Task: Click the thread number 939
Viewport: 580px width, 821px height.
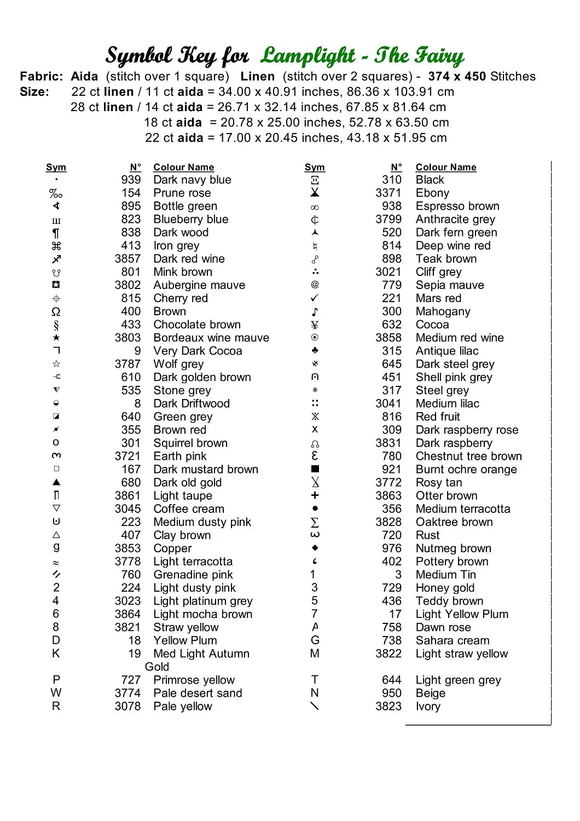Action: pos(131,180)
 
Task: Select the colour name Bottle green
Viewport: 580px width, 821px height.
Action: pos(185,206)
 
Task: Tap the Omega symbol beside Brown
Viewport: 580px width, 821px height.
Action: pos(56,312)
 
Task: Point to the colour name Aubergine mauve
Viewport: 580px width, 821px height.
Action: pos(199,285)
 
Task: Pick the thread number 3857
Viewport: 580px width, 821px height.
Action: pos(127,259)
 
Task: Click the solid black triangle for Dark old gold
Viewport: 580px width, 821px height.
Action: pos(56,482)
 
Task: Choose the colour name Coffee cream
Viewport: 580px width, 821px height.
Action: pos(189,509)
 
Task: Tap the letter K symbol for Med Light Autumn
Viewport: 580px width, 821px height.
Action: pos(56,654)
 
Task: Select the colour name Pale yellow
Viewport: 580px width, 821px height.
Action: pos(183,707)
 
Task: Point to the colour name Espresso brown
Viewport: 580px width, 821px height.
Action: pos(457,206)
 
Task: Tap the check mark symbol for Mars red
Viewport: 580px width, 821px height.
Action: pos(315,298)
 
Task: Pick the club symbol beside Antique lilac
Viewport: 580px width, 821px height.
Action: pos(315,350)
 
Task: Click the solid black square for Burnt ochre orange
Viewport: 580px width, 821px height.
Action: pos(315,469)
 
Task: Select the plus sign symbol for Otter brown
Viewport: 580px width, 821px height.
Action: pos(315,495)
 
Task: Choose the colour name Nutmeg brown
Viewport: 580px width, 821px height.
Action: pos(454,548)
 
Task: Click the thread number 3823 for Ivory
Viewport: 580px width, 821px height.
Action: pos(388,707)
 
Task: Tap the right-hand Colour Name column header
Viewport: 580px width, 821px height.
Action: pos(446,167)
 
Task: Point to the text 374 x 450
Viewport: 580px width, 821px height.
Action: pos(457,77)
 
